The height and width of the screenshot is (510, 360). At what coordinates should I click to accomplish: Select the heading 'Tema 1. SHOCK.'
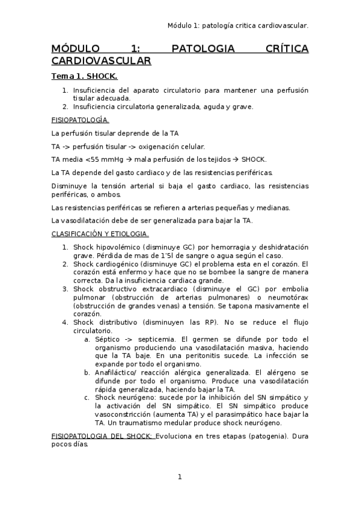(x=84, y=76)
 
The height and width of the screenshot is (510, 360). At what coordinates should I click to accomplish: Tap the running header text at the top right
(x=238, y=25)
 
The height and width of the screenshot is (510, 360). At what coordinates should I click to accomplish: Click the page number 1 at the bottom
(x=179, y=477)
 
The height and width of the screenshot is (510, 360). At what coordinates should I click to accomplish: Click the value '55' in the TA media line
(x=91, y=159)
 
